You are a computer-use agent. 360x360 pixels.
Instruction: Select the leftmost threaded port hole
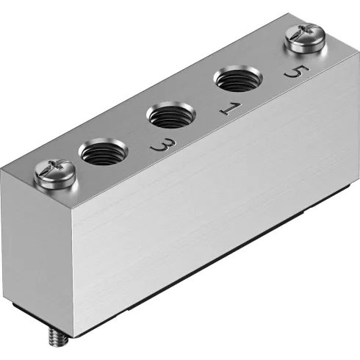click(x=101, y=154)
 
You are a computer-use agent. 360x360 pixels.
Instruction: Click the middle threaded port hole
click(x=168, y=115)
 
